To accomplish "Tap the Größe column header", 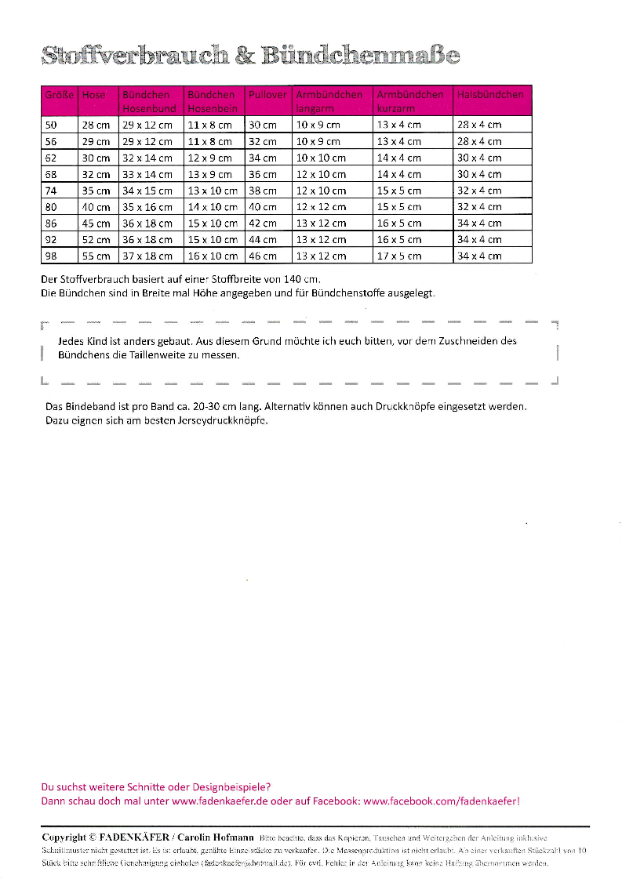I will click(59, 95).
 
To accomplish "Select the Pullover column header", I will click(267, 95).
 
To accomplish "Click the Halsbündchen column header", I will click(490, 95).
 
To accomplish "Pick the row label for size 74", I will click(52, 191).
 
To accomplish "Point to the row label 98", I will click(52, 256).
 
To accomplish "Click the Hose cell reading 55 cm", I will click(96, 256).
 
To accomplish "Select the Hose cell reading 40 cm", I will click(96, 207).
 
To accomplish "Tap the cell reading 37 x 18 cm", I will click(147, 256).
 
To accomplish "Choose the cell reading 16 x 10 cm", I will click(212, 256).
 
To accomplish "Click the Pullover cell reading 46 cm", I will click(263, 256).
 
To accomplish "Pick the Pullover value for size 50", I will click(263, 125).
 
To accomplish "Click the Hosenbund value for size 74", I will click(147, 191).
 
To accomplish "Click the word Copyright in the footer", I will click(64, 837).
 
